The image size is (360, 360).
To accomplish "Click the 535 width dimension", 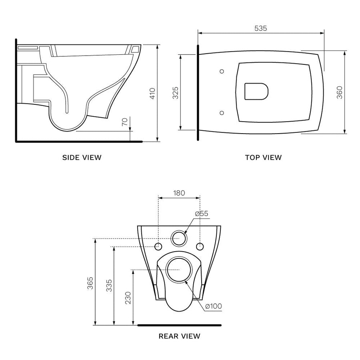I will pyautogui.click(x=260, y=28).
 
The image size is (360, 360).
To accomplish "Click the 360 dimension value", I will pyautogui.click(x=339, y=92).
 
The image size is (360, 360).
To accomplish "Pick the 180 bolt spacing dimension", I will pyautogui.click(x=179, y=193).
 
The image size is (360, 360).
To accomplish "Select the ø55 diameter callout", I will pyautogui.click(x=202, y=214).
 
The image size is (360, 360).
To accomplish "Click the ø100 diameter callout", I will pyautogui.click(x=213, y=306).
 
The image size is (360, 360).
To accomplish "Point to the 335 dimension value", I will pyautogui.click(x=109, y=286).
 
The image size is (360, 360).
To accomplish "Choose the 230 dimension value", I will pyautogui.click(x=128, y=297).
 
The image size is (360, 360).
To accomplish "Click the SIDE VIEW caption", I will pyautogui.click(x=82, y=157).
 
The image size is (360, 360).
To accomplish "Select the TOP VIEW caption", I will pyautogui.click(x=263, y=157).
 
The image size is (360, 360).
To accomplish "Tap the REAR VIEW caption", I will pyautogui.click(x=179, y=336).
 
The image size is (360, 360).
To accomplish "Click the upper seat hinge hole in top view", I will pyautogui.click(x=222, y=71).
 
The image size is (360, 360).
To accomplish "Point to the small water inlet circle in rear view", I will pyautogui.click(x=179, y=238).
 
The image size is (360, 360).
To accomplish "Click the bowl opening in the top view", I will pyautogui.click(x=256, y=92).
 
